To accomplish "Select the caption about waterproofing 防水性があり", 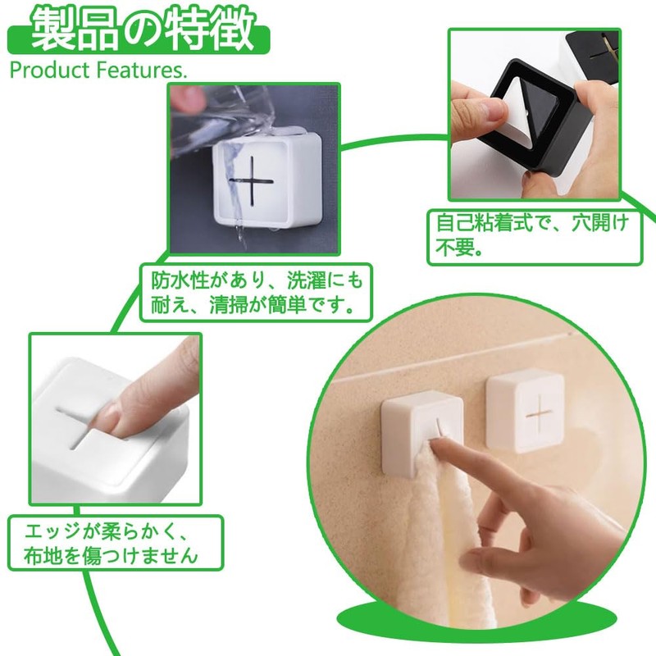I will pyautogui.click(x=255, y=293).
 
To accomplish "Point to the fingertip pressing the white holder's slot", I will pyautogui.click(x=123, y=410).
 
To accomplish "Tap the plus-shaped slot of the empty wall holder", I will pyautogui.click(x=540, y=410).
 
